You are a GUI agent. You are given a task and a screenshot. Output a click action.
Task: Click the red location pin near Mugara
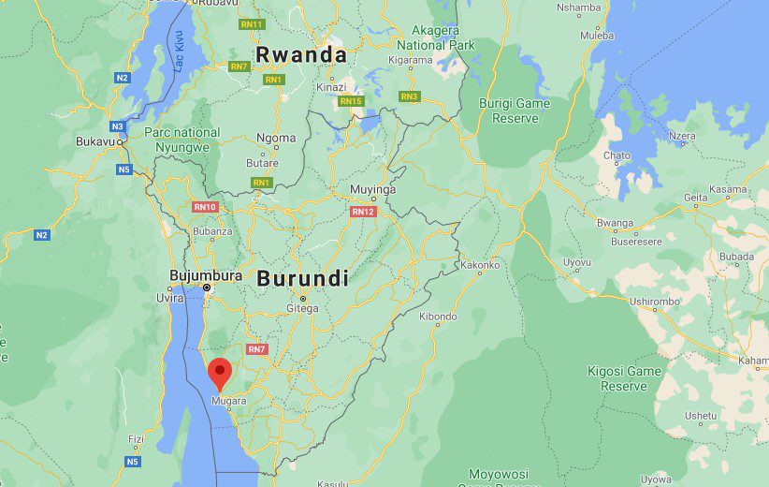[220, 372]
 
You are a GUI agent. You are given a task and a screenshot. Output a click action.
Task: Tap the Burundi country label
[302, 278]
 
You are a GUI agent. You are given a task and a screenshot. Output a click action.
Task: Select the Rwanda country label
[301, 53]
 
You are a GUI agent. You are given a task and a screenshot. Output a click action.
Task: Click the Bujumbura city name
[206, 275]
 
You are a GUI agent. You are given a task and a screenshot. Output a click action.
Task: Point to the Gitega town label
[302, 308]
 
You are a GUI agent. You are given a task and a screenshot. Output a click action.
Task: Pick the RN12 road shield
[363, 212]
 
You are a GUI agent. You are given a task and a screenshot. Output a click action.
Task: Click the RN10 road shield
[205, 207]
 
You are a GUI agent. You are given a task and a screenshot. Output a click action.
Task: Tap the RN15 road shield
[351, 100]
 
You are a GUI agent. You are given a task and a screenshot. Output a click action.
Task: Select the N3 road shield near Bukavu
[117, 125]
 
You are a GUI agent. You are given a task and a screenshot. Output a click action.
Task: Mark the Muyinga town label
[372, 189]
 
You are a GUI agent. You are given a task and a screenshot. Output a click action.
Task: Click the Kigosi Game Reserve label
[624, 378]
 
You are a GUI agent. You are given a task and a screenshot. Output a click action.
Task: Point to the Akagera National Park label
[435, 37]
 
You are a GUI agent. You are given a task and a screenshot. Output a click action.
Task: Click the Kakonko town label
[480, 265]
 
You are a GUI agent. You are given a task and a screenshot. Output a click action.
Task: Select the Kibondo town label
[438, 317]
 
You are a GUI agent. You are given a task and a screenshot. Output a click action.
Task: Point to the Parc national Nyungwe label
[182, 140]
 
